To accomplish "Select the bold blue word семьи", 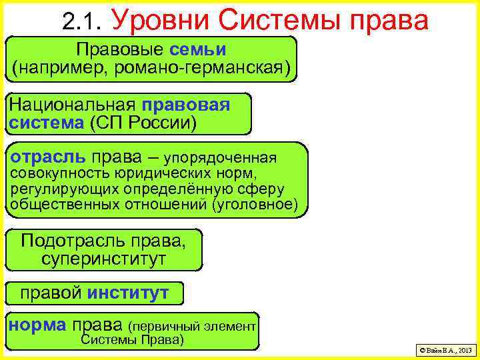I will click(197, 49).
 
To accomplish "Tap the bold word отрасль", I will click(47, 157).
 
